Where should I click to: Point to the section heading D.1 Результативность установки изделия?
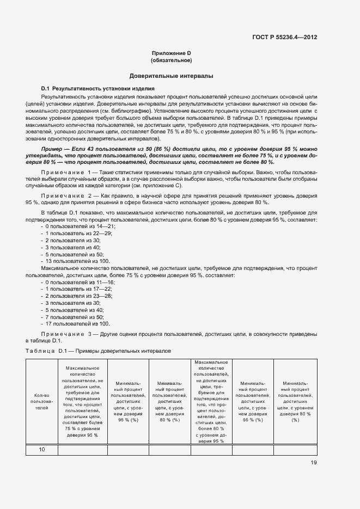(99, 88)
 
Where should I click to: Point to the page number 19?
(314, 463)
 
